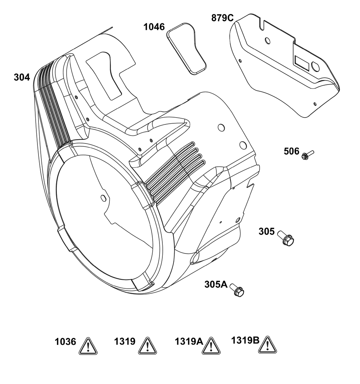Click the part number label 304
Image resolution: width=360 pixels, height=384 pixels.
pos(22,77)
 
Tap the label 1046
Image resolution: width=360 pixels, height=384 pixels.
pos(154,27)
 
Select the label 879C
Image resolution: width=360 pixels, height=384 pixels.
pos(222,18)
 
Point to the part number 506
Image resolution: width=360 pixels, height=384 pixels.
pos(292,151)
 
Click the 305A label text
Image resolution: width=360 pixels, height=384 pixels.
pos(216,284)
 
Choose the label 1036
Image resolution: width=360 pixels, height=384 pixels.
pos(65,342)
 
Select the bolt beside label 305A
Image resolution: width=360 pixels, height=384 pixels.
pos(237,290)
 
